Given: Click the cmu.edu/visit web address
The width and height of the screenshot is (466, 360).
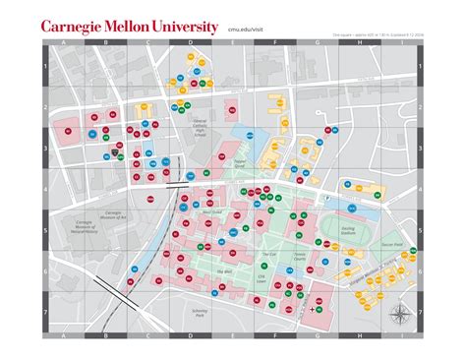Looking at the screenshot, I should pos(245,30).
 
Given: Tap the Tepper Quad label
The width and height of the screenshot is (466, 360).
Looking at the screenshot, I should pos(239,168).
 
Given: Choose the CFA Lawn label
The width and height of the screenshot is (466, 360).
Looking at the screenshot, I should pos(262,277).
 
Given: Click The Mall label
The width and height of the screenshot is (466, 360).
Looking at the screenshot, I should pos(224,269).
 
